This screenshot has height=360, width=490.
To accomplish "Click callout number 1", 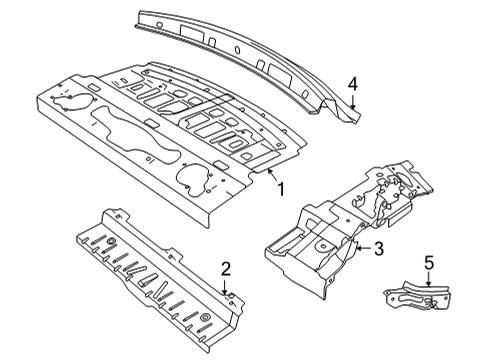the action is tap(281, 189).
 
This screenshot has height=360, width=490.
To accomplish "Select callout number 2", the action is tap(226, 269).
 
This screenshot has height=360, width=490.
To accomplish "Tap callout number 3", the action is tap(379, 248).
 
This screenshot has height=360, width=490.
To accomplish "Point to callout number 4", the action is tap(353, 84).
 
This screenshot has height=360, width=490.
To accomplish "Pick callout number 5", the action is tap(429, 262).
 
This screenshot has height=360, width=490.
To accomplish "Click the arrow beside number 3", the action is tap(363, 248).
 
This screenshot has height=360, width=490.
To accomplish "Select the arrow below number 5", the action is tap(429, 279).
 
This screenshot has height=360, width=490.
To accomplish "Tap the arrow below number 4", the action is tap(353, 102).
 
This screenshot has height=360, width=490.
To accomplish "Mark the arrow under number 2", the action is tap(225, 287).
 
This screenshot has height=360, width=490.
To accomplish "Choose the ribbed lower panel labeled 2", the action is tap(160, 280).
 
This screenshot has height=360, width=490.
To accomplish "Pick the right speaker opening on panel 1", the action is tap(194, 180).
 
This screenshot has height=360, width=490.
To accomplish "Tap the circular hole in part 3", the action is tap(322, 247).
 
